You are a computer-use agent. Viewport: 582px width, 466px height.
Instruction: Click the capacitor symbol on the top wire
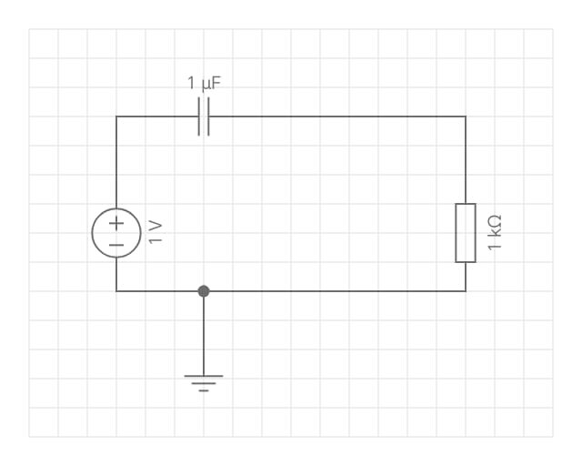pyautogui.click(x=204, y=116)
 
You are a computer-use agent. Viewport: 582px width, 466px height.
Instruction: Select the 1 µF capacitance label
pyautogui.click(x=204, y=83)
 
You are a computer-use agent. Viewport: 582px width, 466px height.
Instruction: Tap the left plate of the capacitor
pyautogui.click(x=199, y=116)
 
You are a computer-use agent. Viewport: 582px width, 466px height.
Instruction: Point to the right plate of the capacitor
pyautogui.click(x=208, y=116)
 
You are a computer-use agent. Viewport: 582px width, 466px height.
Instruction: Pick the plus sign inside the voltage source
pyautogui.click(x=116, y=223)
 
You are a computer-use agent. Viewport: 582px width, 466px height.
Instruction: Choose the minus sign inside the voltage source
pyautogui.click(x=116, y=245)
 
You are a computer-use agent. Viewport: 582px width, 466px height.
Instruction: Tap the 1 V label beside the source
pyautogui.click(x=156, y=232)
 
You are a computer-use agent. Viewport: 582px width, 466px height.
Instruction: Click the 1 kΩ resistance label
pyautogui.click(x=495, y=233)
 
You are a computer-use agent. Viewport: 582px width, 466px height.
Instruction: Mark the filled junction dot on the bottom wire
pyautogui.click(x=204, y=291)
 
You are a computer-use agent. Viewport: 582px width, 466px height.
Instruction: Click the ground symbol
pyautogui.click(x=204, y=383)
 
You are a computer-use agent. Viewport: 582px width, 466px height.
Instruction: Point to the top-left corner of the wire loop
pyautogui.click(x=116, y=116)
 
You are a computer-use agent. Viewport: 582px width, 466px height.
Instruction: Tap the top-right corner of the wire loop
pyautogui.click(x=466, y=116)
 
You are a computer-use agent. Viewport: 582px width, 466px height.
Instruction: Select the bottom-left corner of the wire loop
pyautogui.click(x=116, y=291)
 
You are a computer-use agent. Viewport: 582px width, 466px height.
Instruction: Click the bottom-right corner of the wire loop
pyautogui.click(x=466, y=291)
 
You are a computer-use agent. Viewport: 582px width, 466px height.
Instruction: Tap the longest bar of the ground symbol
pyautogui.click(x=204, y=376)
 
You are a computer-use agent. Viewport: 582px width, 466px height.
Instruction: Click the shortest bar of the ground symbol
pyautogui.click(x=204, y=391)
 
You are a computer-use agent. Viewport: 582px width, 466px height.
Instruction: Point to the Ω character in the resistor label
pyautogui.click(x=495, y=221)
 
